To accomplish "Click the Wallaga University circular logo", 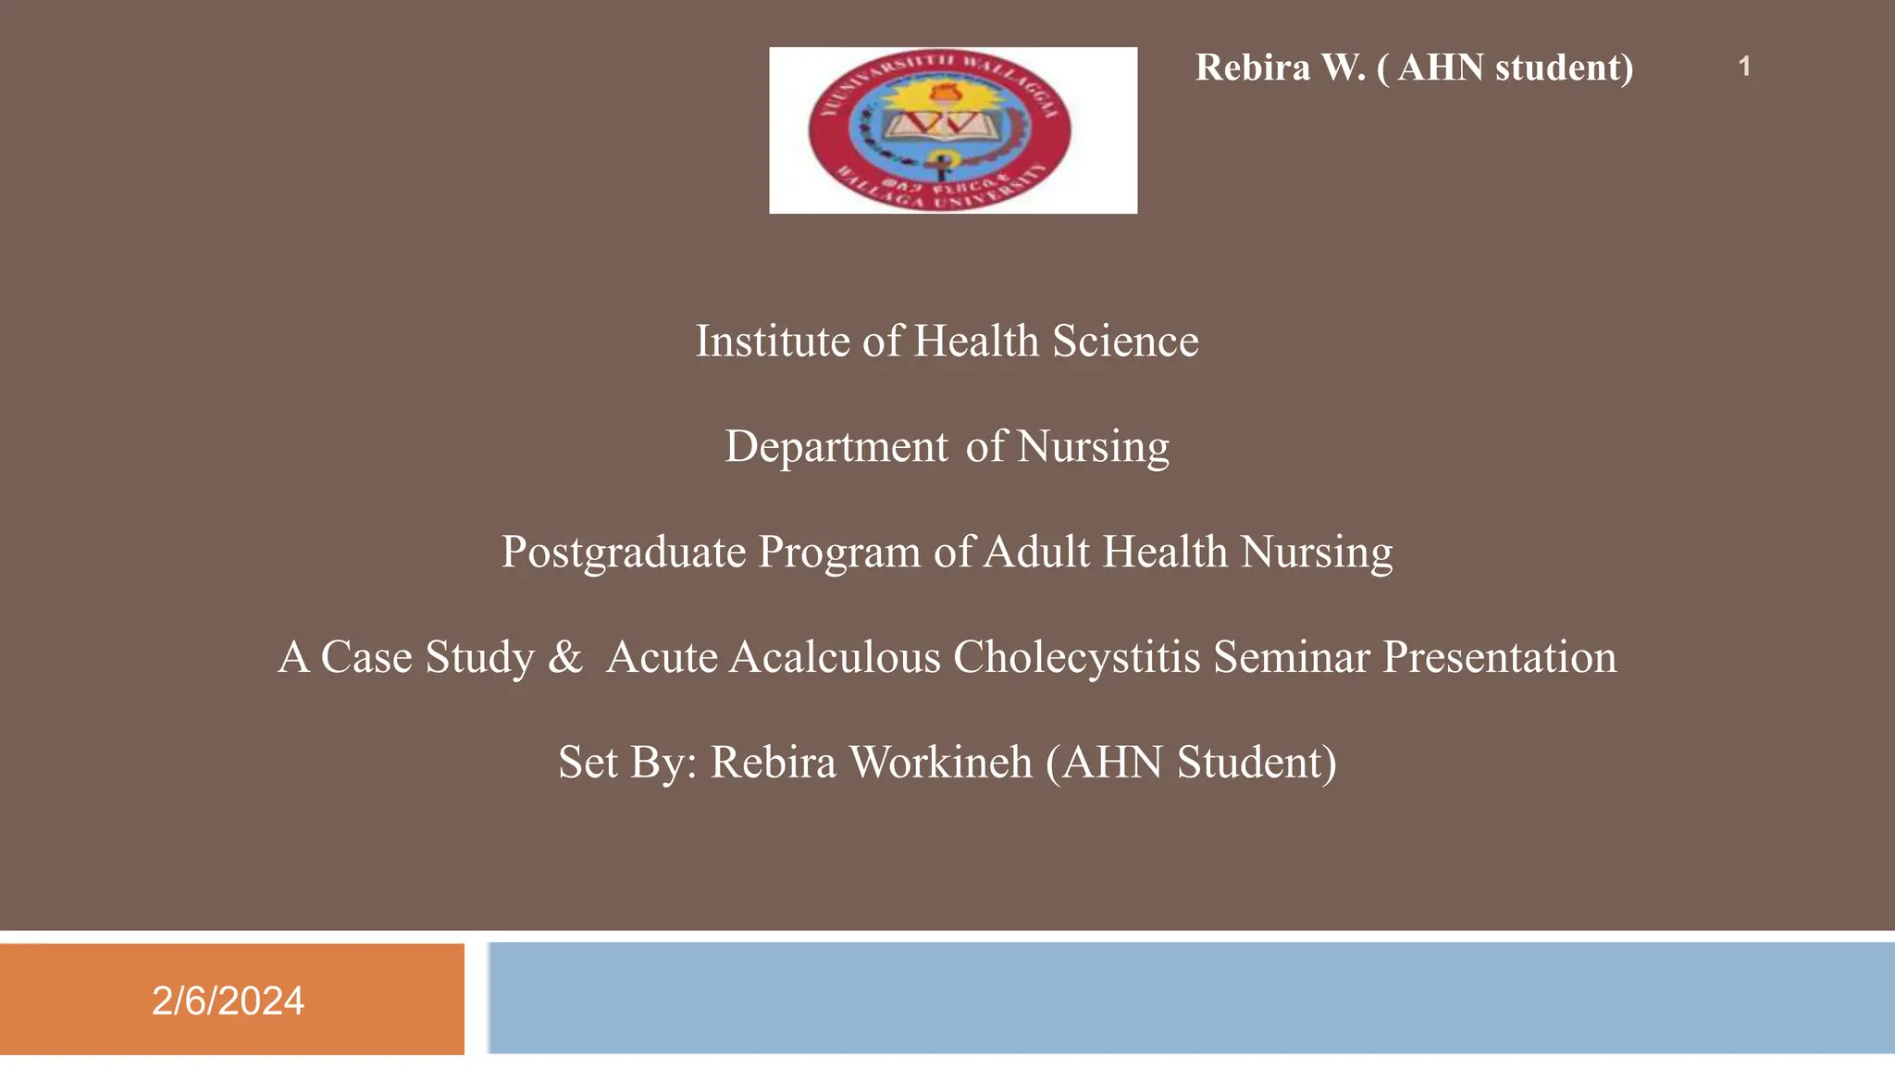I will [940, 130].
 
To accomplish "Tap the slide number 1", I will [1744, 67].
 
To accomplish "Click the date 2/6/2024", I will [228, 1001].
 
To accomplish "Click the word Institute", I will [773, 342].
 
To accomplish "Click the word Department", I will [836, 447].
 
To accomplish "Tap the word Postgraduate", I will [624, 553].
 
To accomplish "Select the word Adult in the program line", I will [1037, 553].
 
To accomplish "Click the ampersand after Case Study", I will [565, 657].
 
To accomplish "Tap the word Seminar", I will [1292, 657].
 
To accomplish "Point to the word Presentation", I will [1499, 657].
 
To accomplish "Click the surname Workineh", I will [940, 763].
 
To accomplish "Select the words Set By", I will [626, 763].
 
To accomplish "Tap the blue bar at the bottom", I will [1190, 998].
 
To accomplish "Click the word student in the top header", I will [1564, 68].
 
